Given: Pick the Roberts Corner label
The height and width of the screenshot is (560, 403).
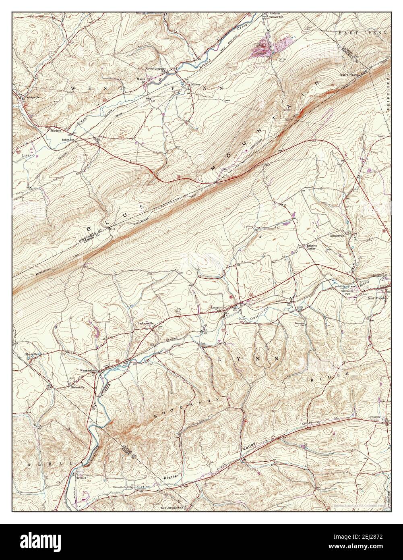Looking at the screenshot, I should pyautogui.click(x=310, y=247).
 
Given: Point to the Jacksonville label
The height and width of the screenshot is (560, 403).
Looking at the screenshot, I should pyautogui.click(x=145, y=324).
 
